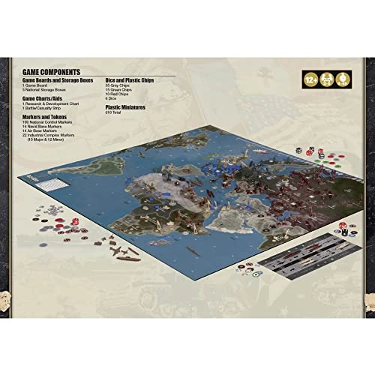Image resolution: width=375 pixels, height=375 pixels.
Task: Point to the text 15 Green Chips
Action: click(x=119, y=88)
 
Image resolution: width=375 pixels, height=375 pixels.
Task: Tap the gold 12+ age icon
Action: click(x=307, y=79)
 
